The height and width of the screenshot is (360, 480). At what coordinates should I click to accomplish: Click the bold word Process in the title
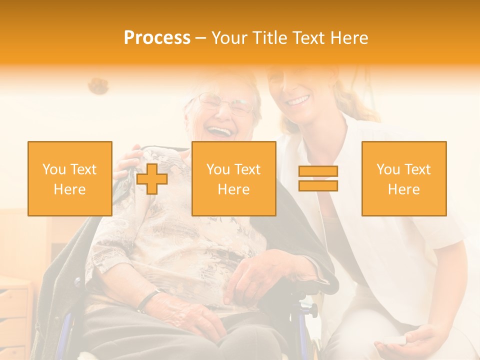[157, 38]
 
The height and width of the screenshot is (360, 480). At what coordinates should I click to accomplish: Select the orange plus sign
[152, 179]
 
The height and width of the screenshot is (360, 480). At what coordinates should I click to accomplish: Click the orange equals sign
[318, 178]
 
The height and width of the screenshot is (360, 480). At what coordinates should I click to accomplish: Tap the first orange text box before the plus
[70, 178]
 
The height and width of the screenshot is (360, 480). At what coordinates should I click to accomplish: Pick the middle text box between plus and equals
[233, 178]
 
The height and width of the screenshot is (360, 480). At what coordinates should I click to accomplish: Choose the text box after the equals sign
[403, 178]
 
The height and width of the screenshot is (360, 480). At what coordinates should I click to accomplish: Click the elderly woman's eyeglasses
[225, 103]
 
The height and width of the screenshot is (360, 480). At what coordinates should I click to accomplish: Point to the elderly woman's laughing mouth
[220, 131]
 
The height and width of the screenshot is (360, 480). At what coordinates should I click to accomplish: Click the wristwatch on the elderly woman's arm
[146, 300]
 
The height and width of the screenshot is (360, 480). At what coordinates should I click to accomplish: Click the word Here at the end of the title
[349, 38]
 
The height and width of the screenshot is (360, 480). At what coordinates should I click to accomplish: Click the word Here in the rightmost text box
[403, 189]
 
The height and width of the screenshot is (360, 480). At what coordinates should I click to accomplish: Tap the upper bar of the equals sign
[318, 171]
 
